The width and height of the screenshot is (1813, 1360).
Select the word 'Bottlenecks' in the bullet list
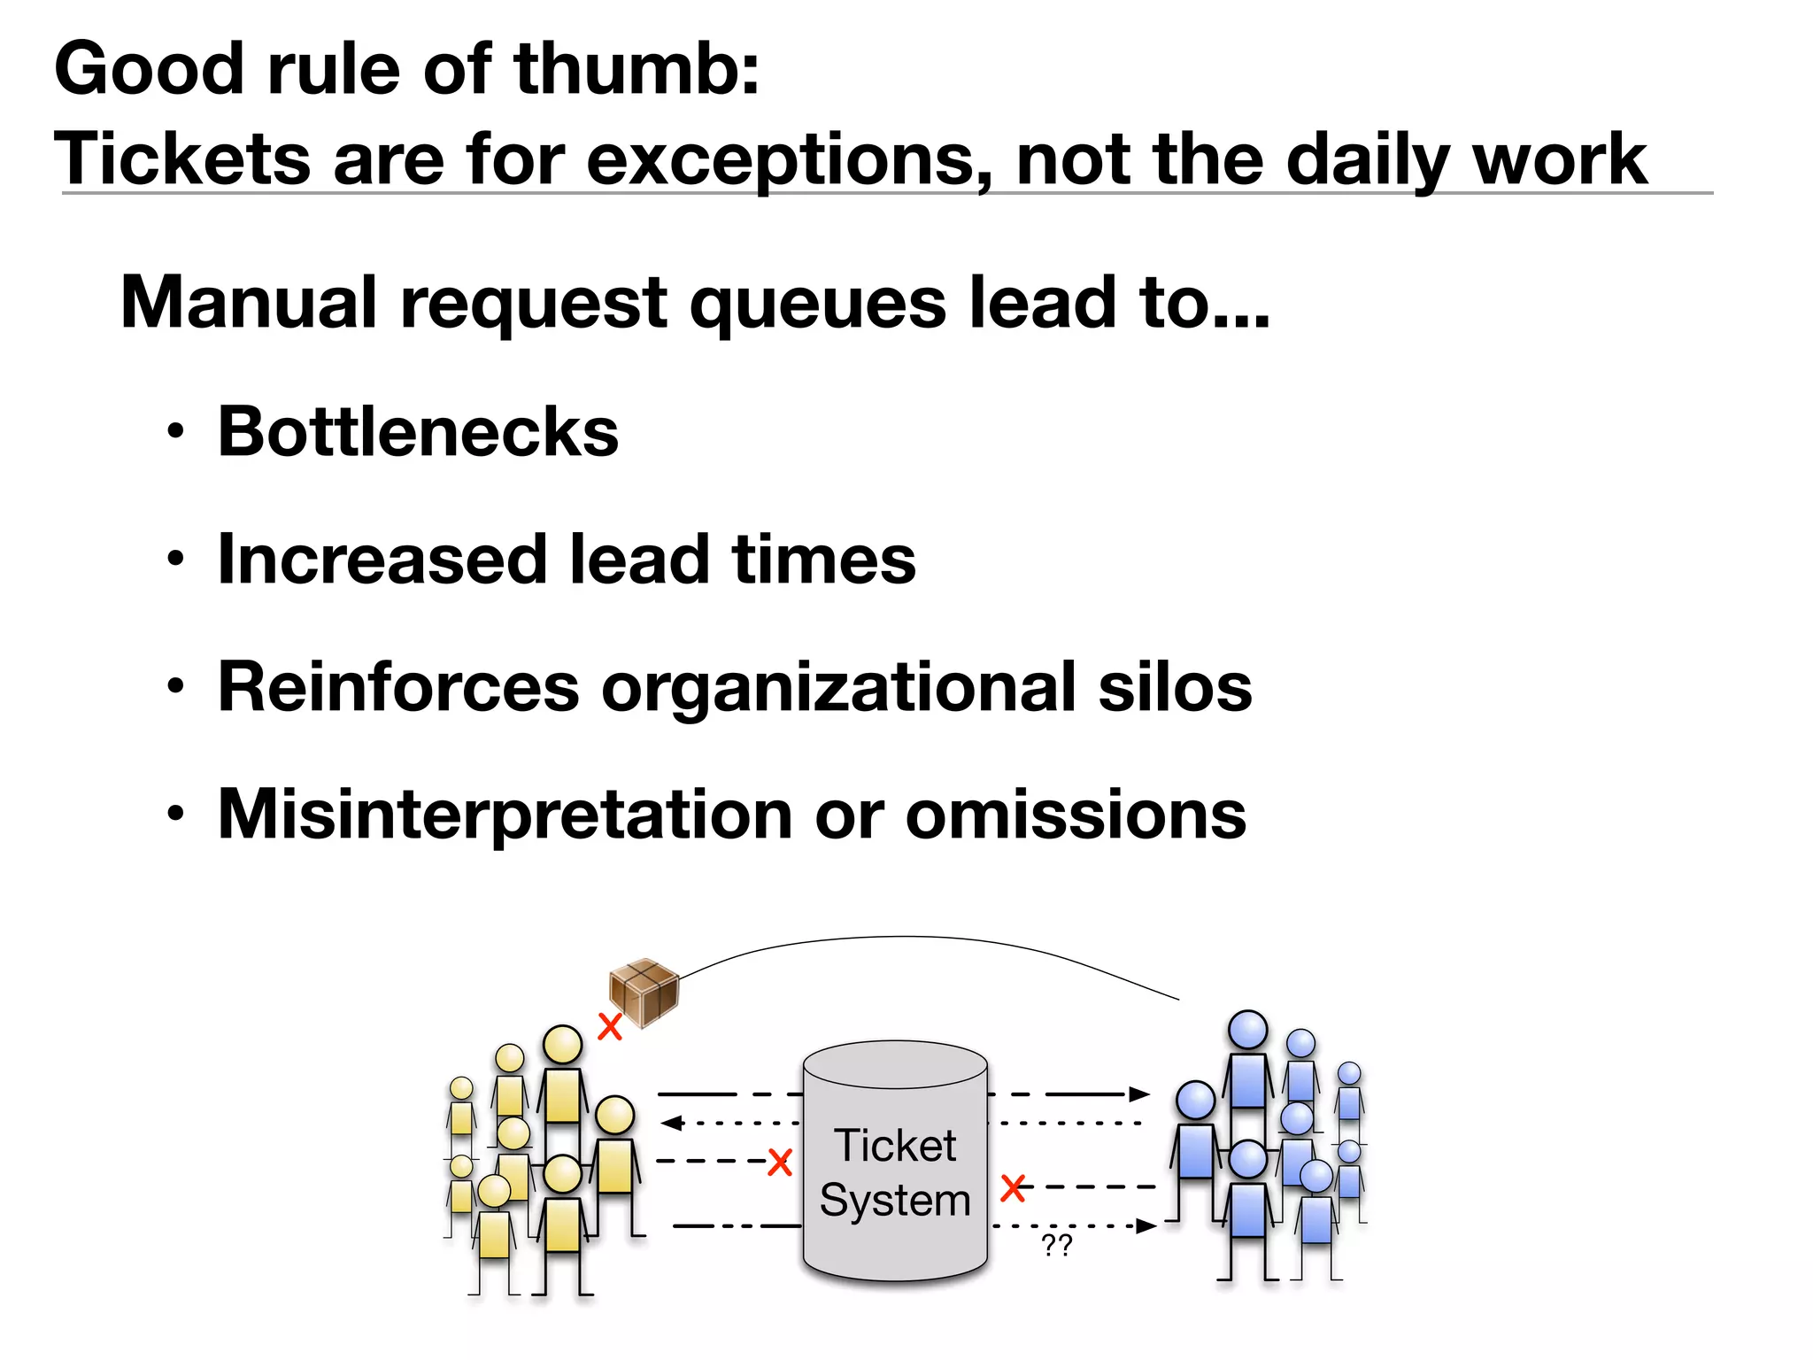418,432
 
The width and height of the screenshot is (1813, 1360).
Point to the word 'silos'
1175,687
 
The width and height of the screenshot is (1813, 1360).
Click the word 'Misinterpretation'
505,815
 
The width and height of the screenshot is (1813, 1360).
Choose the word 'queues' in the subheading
819,304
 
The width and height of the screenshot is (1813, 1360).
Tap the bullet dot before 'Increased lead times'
176,560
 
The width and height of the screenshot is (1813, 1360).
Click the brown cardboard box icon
644,992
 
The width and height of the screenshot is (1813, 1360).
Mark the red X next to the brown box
610,1027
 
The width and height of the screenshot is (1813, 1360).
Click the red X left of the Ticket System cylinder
780,1162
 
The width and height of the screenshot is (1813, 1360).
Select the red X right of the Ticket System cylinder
1013,1187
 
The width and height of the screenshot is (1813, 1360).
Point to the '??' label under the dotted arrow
1057,1245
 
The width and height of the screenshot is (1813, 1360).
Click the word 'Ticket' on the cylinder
895,1146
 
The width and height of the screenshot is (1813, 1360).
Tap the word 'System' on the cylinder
895,1201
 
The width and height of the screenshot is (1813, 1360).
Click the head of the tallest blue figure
1248,1030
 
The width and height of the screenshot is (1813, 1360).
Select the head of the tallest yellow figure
562,1045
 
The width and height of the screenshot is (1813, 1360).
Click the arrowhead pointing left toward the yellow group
671,1124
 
